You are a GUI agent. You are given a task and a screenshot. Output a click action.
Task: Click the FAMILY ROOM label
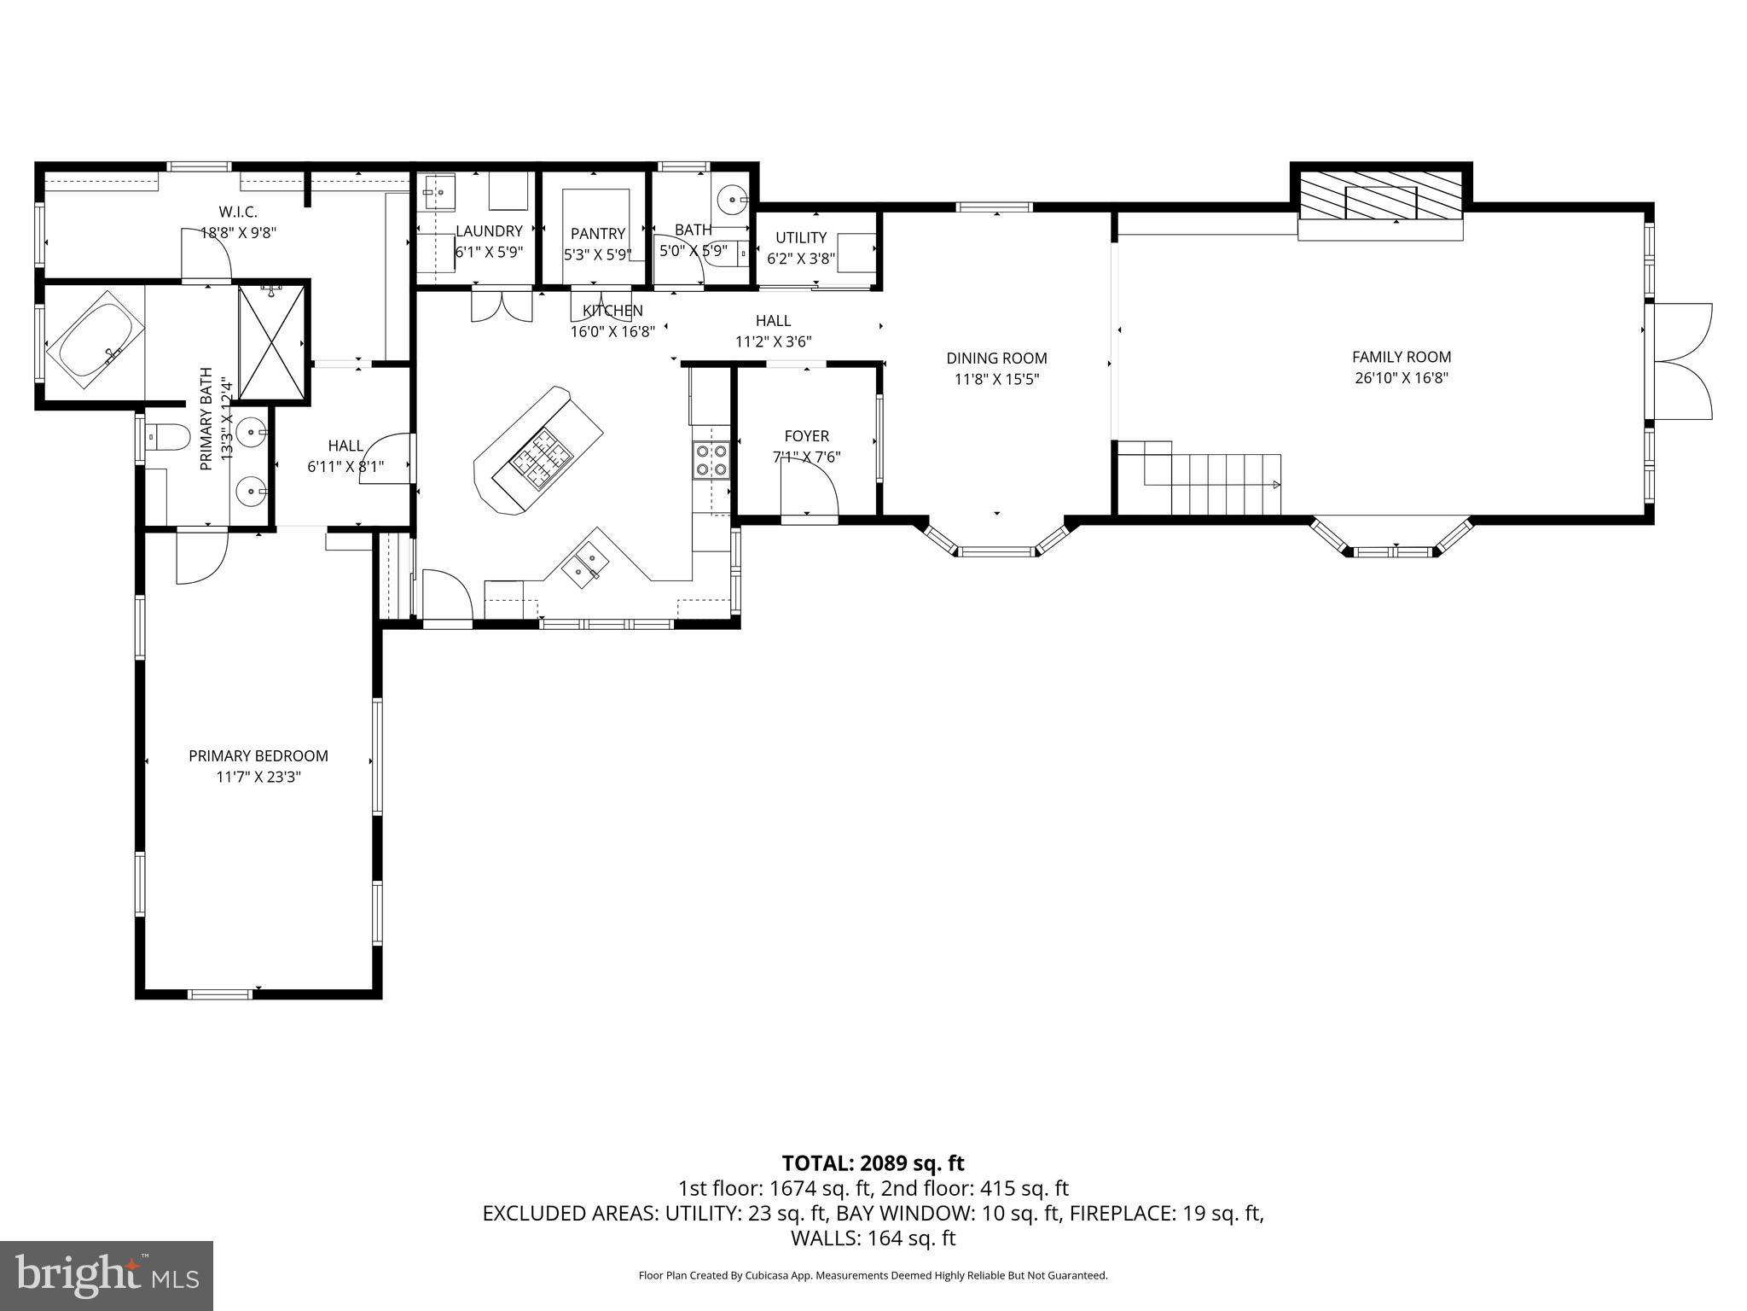pyautogui.click(x=1401, y=357)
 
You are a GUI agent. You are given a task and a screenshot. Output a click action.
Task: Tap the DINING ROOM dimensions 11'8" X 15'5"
pyautogui.click(x=995, y=380)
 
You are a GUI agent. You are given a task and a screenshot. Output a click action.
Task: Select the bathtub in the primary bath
pyautogui.click(x=96, y=339)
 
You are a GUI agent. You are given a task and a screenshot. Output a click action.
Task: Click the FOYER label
pyautogui.click(x=806, y=436)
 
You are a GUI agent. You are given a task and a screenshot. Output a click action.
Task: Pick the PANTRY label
pyautogui.click(x=597, y=233)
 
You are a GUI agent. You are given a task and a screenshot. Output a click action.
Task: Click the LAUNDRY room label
pyautogui.click(x=489, y=231)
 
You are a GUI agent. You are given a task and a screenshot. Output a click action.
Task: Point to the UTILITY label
pyautogui.click(x=800, y=237)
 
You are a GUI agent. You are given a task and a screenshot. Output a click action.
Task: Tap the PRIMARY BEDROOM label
pyautogui.click(x=258, y=755)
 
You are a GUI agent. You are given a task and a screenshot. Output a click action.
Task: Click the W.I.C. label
pyautogui.click(x=238, y=211)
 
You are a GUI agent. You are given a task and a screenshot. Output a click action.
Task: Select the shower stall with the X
pyautogui.click(x=271, y=341)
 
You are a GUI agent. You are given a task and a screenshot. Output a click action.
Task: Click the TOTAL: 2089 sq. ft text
pyautogui.click(x=873, y=1162)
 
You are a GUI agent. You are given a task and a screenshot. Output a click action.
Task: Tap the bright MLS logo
pyautogui.click(x=107, y=1275)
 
